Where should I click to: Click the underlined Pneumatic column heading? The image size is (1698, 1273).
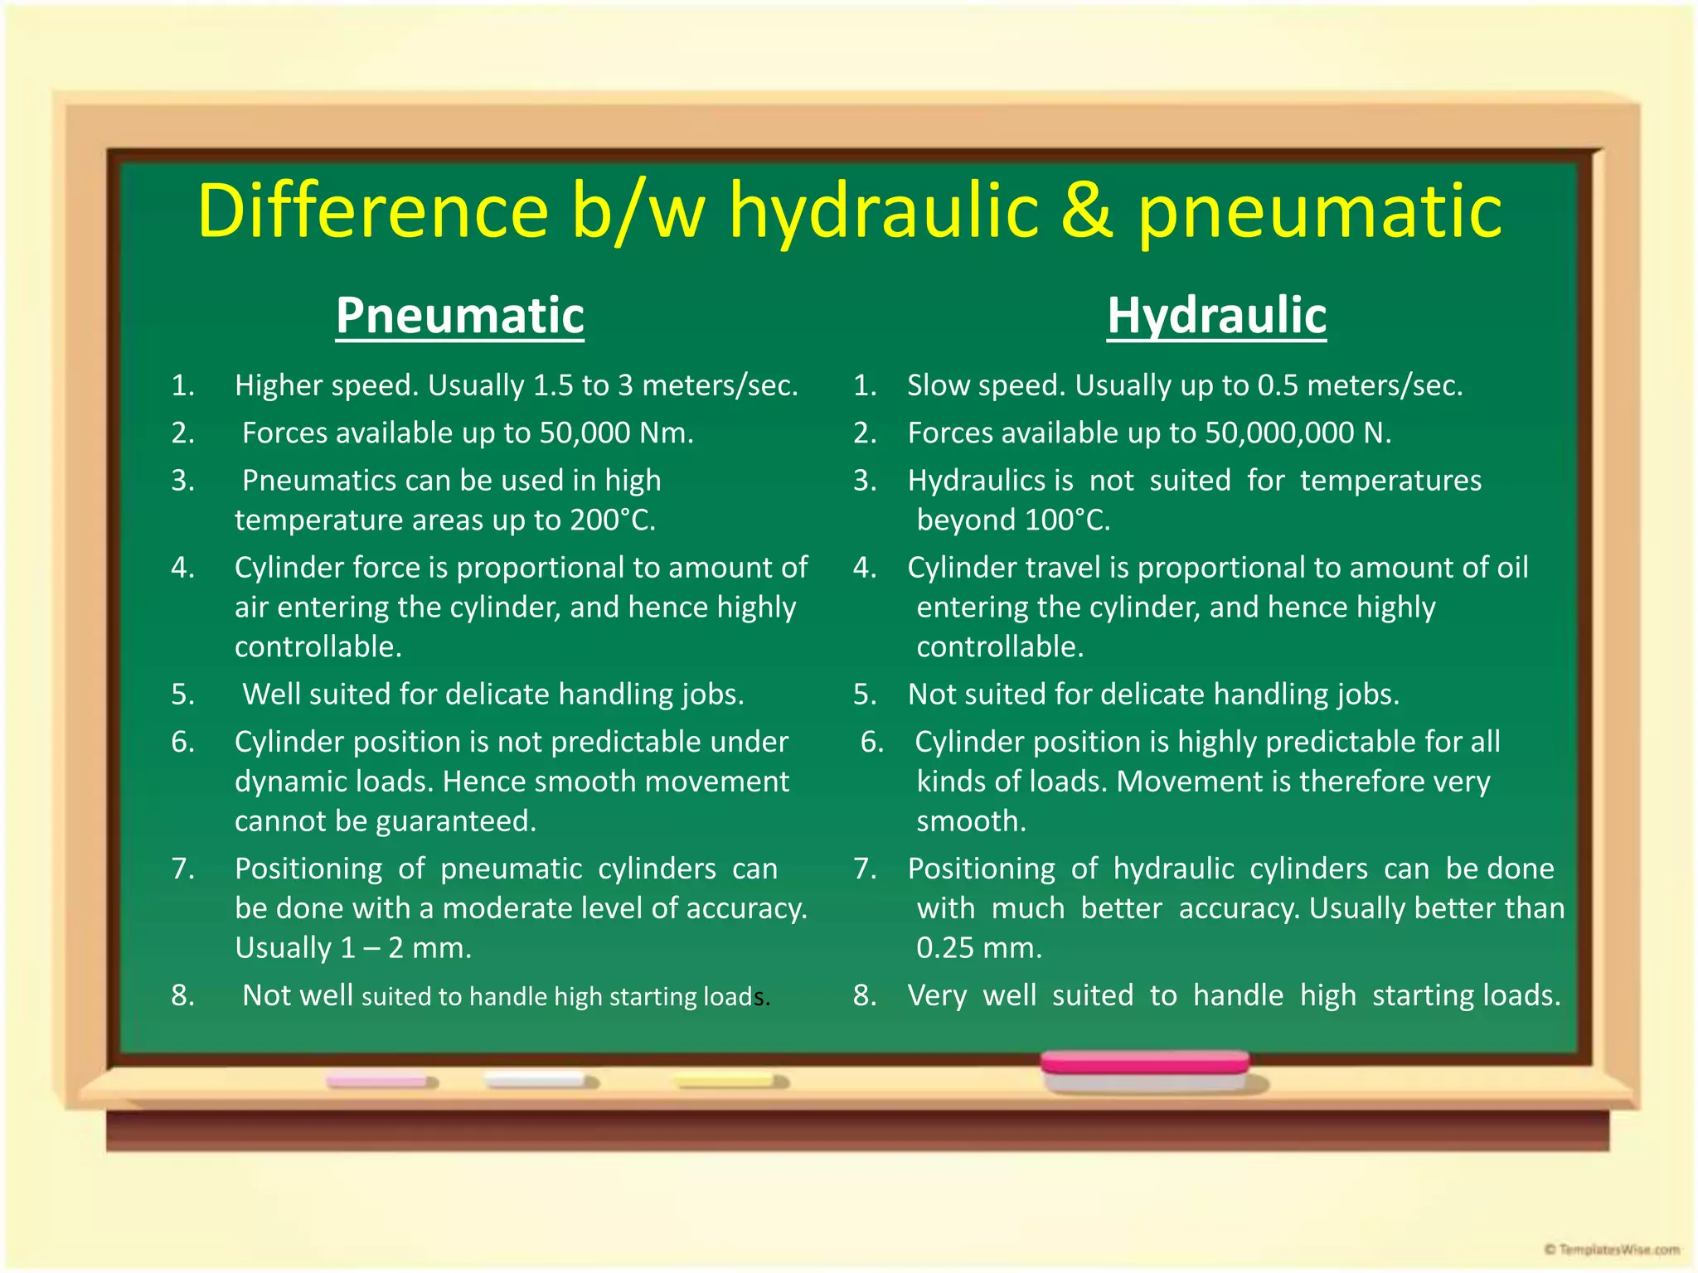click(460, 316)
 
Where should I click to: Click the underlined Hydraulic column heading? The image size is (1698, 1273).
click(1216, 316)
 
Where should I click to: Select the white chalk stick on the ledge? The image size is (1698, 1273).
click(539, 1081)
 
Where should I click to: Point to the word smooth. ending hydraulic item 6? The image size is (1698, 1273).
click(971, 821)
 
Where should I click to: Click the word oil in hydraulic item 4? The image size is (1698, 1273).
click(1512, 568)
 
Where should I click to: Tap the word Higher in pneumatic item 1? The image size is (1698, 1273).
click(278, 385)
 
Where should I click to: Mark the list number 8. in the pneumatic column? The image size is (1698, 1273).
click(183, 995)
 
